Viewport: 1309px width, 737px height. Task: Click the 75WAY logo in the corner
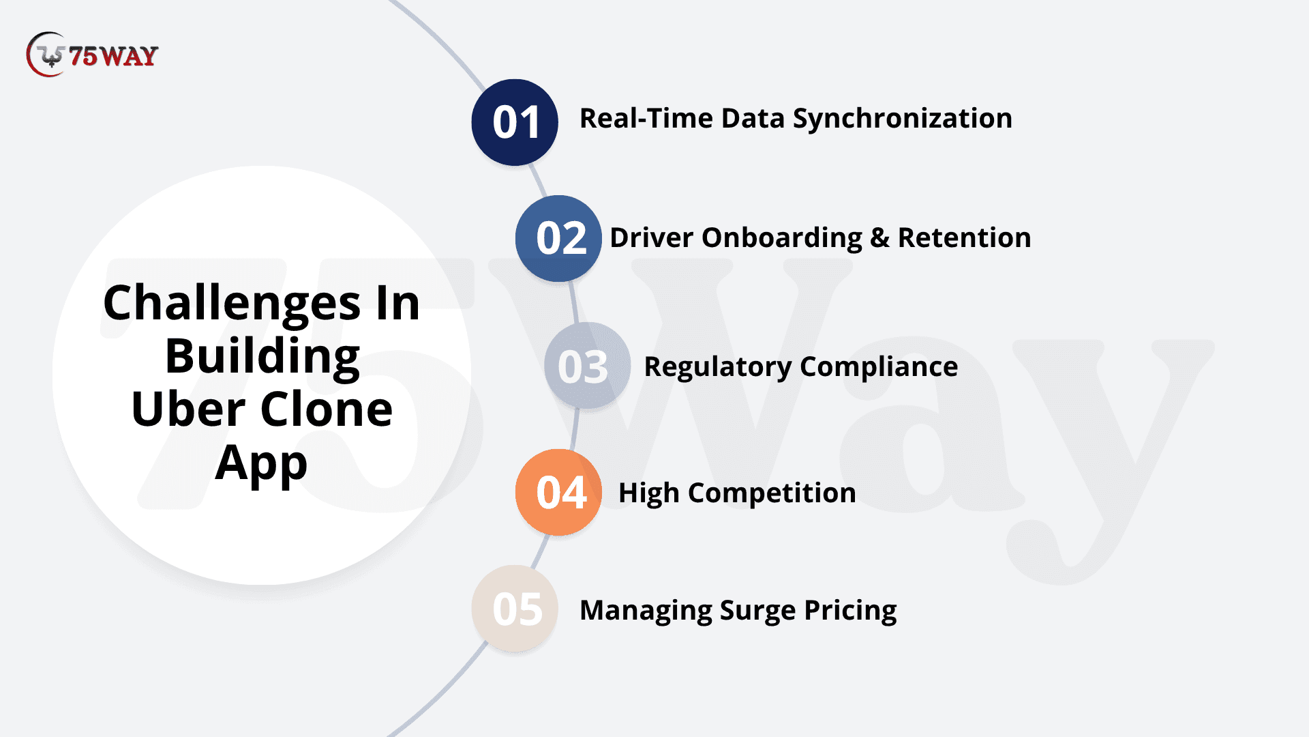92,55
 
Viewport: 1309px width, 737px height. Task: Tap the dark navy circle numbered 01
515,122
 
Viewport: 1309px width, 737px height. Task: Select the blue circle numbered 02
558,238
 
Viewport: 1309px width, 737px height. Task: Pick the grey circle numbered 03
587,366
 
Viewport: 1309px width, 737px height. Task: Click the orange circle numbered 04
558,492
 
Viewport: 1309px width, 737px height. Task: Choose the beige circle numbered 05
515,609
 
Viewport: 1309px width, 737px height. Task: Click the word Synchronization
902,119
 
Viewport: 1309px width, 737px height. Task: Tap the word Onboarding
782,238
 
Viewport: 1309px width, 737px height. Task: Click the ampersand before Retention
880,237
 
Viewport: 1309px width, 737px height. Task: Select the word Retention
964,237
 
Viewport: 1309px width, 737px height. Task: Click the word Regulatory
718,367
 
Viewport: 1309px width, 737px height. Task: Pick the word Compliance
879,367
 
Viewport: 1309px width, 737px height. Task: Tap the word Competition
772,493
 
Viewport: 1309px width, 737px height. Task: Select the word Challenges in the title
232,304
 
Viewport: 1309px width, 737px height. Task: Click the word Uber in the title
188,409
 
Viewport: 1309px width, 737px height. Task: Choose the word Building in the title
262,358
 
